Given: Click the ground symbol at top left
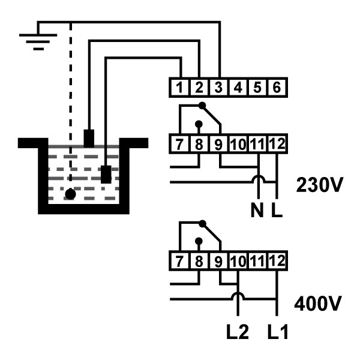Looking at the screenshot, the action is [38, 41].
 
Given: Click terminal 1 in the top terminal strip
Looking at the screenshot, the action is [179, 88].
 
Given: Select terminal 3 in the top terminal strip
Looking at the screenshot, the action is [218, 88].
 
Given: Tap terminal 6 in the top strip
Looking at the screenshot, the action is [277, 88].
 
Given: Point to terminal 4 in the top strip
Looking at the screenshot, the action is [238, 88].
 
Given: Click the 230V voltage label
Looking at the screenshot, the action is [320, 185].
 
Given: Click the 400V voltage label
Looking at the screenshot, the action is [318, 303].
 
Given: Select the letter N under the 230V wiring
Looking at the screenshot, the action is [257, 211].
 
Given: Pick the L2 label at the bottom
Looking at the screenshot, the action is [238, 332].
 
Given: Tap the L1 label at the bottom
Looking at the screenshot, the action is [278, 332].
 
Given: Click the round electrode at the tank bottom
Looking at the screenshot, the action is [70, 194].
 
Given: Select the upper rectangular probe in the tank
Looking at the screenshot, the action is [89, 139].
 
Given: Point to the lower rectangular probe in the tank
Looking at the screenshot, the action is [106, 174].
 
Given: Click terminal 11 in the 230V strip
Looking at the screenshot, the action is [257, 144].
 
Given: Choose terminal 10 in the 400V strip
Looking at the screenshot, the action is [238, 261].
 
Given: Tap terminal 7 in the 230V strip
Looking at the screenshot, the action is [179, 144].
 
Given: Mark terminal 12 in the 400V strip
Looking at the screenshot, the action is [277, 261].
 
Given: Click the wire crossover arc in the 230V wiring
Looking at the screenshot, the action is [259, 177].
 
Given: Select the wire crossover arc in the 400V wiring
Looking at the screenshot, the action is [238, 294].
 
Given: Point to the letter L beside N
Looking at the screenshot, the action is [277, 211].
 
